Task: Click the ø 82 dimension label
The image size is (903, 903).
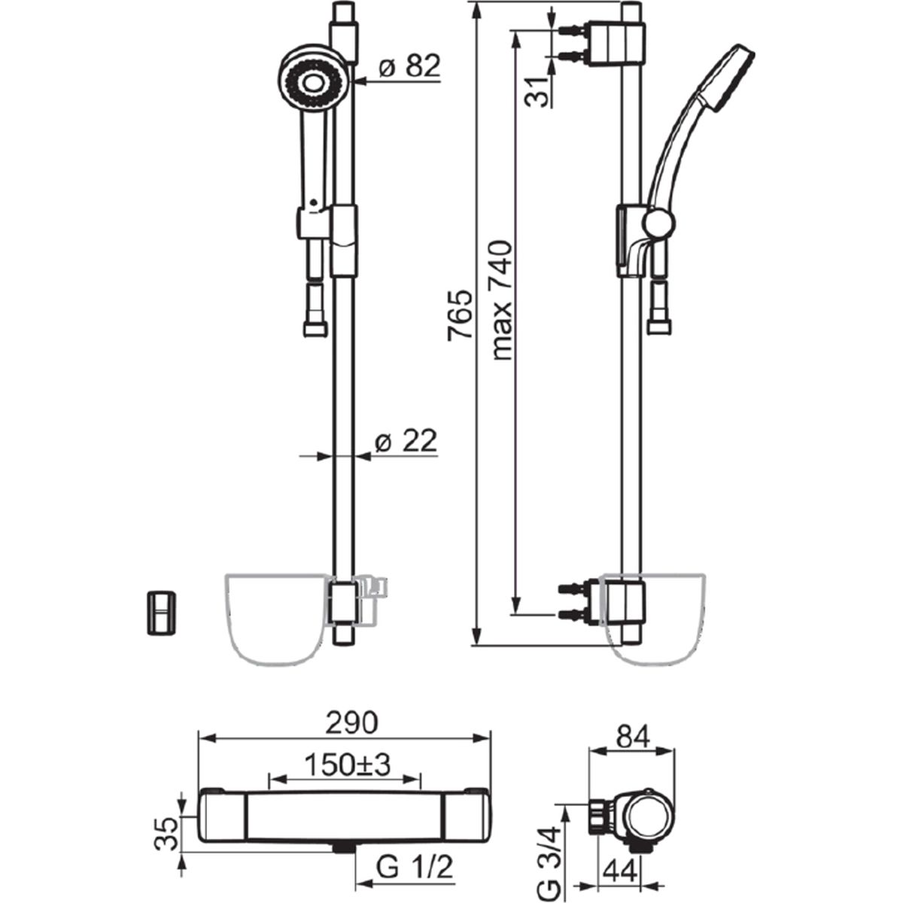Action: [409, 67]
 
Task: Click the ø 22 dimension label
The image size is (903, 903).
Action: [406, 442]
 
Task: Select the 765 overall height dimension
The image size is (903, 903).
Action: [461, 316]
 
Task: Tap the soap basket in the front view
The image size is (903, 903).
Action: [275, 617]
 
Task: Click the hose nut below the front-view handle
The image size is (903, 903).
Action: [315, 327]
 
